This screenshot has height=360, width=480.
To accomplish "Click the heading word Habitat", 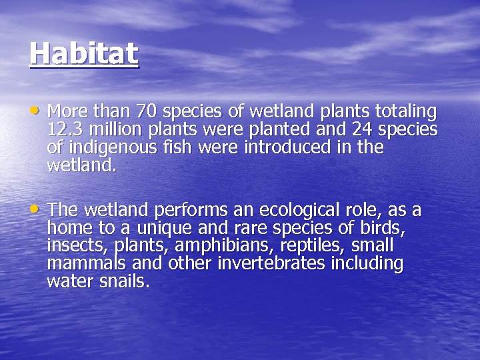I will click(84, 53).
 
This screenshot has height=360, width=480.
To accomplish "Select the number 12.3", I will click(65, 129).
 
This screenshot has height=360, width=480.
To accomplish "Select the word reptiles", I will click(315, 246).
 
